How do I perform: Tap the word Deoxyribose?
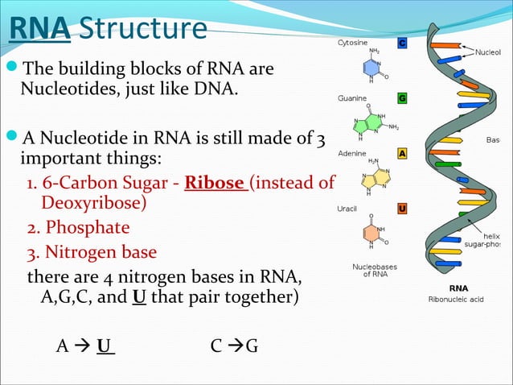tap(93, 201)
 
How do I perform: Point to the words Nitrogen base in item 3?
tap(101, 253)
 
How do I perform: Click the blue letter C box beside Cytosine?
tap(402, 42)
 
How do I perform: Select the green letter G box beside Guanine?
tap(402, 98)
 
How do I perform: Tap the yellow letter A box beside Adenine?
tap(402, 153)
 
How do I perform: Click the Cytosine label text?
tap(354, 42)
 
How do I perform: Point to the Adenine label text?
tap(352, 153)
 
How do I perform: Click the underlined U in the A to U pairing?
tap(104, 346)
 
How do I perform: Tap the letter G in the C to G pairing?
tap(252, 346)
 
